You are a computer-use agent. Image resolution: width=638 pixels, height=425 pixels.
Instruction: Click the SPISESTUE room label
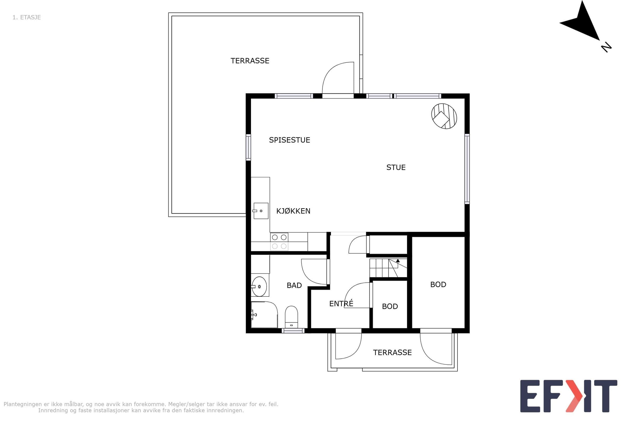[289, 140]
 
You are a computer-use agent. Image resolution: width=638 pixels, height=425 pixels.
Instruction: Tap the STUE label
[396, 168]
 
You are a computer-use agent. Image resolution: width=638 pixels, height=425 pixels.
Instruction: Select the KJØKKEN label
[293, 211]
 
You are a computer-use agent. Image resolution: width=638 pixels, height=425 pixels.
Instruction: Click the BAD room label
[294, 285]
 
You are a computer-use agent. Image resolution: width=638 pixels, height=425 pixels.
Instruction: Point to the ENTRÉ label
[341, 303]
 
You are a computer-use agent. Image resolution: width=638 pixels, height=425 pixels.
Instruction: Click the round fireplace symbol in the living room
[444, 116]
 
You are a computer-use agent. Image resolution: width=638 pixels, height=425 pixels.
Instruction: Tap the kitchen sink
[261, 211]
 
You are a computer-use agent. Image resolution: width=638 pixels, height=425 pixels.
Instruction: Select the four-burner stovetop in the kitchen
[279, 242]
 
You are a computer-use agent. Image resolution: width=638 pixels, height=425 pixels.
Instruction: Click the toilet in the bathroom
[291, 317]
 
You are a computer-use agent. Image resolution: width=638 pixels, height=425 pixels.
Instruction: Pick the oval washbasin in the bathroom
[259, 287]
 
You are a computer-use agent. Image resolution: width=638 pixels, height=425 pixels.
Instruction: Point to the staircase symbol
[388, 268]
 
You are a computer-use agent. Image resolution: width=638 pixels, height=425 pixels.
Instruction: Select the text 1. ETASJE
[27, 17]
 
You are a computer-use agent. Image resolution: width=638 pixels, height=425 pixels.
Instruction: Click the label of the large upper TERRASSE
[250, 61]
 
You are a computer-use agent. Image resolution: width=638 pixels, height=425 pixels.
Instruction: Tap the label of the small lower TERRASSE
[392, 352]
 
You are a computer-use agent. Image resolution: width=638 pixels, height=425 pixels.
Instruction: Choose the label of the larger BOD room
[438, 284]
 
